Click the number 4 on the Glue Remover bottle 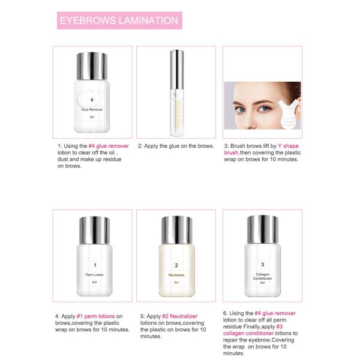(x=91, y=100)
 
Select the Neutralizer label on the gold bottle (x=176, y=274)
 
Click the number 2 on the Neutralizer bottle (x=176, y=265)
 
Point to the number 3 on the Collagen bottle (x=262, y=265)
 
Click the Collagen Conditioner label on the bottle (x=262, y=276)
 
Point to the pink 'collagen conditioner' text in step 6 (x=248, y=333)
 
